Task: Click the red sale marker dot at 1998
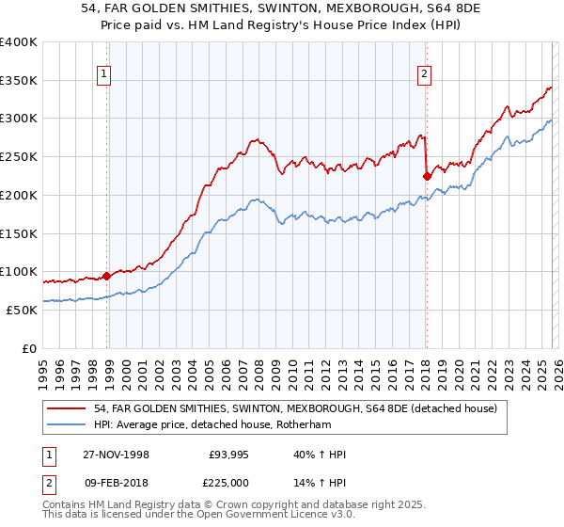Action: pyautogui.click(x=107, y=276)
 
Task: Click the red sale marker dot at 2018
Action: pyautogui.click(x=427, y=175)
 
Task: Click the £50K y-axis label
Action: pyautogui.click(x=22, y=310)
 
